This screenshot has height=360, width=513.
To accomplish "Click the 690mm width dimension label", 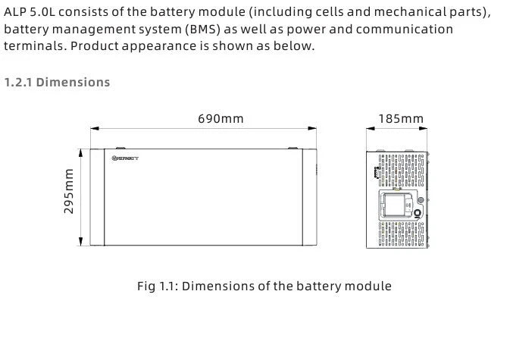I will (221, 119).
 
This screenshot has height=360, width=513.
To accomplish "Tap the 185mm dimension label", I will (401, 119).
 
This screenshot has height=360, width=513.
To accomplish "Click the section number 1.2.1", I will (18, 82).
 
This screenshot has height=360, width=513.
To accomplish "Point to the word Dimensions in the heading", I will (73, 82).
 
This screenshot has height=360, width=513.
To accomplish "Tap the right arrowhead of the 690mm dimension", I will (313, 130).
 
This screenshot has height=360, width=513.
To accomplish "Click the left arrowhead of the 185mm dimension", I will (369, 130).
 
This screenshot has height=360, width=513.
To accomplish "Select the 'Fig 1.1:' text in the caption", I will (158, 286).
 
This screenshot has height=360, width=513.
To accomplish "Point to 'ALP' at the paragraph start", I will (16, 13).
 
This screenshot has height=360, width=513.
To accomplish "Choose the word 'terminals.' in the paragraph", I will (32, 45).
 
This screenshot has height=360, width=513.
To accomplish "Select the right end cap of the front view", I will (309, 197).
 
